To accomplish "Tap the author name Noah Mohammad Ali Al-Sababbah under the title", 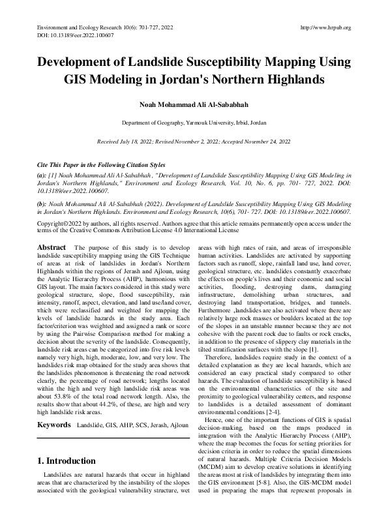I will click(x=194, y=104).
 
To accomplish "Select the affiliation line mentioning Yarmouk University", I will click(x=194, y=123).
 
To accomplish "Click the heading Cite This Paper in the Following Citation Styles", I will click(x=101, y=165).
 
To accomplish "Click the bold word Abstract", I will click(x=52, y=248).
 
